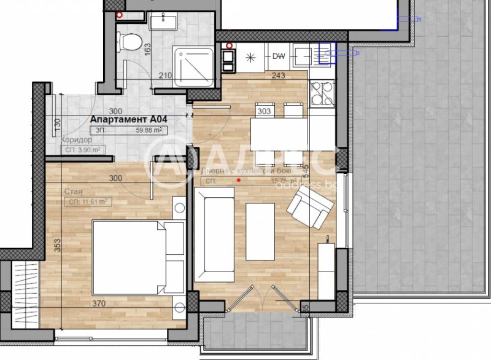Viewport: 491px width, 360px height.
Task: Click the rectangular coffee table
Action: pyautogui.click(x=260, y=232)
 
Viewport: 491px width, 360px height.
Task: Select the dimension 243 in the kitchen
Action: pyautogui.click(x=279, y=76)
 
